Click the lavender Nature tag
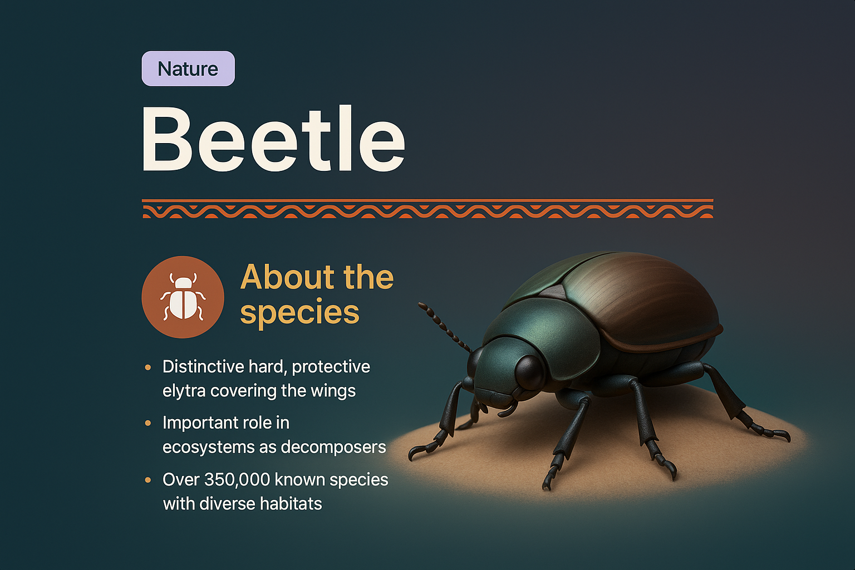pyautogui.click(x=188, y=68)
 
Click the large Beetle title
pyautogui.click(x=273, y=139)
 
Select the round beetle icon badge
pyautogui.click(x=183, y=297)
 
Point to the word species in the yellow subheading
pyautogui.click(x=299, y=312)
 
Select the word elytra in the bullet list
pyautogui.click(x=184, y=391)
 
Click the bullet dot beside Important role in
pyautogui.click(x=148, y=423)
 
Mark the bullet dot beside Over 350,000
pyautogui.click(x=148, y=480)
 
